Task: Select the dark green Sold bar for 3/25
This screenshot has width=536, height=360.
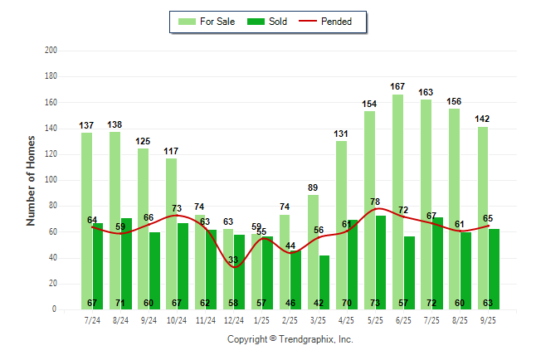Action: [x=324, y=282]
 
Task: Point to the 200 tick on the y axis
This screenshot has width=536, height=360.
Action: [x=51, y=51]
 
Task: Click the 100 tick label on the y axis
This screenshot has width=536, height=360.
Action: [x=51, y=180]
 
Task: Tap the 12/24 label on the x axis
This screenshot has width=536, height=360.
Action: [x=233, y=320]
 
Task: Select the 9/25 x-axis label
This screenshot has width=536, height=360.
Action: [x=488, y=320]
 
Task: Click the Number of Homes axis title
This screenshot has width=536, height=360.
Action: [x=32, y=180]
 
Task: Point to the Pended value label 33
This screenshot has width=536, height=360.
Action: [x=234, y=260]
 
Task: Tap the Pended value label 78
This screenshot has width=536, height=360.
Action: [x=374, y=202]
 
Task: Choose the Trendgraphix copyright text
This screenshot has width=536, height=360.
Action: [x=290, y=339]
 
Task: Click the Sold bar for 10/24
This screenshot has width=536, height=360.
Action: [x=182, y=265]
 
